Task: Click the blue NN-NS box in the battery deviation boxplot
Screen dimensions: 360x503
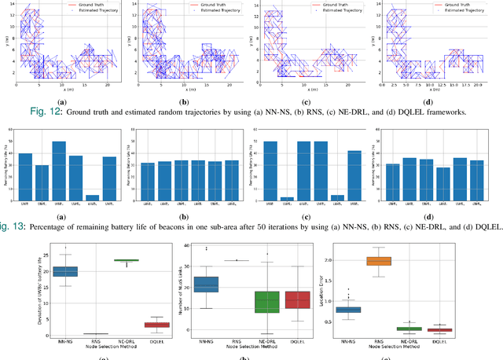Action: pyautogui.click(x=64, y=271)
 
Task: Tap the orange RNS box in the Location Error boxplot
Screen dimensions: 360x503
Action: pyautogui.click(x=402, y=261)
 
